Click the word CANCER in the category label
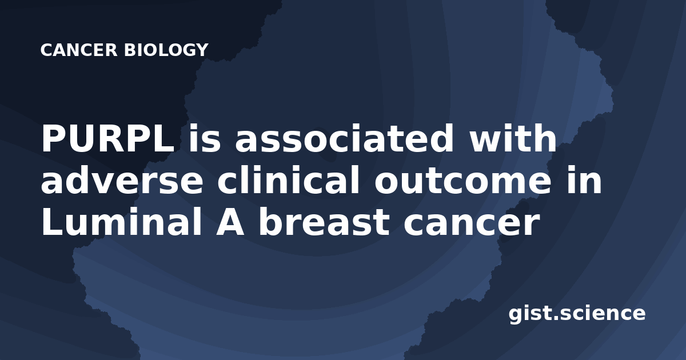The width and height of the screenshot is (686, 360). [79, 50]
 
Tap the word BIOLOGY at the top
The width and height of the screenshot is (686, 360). [166, 50]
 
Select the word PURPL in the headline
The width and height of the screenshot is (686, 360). [108, 138]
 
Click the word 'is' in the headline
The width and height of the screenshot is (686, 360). [205, 138]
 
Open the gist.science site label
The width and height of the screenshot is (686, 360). [577, 314]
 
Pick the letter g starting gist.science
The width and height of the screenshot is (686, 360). [516, 315]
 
